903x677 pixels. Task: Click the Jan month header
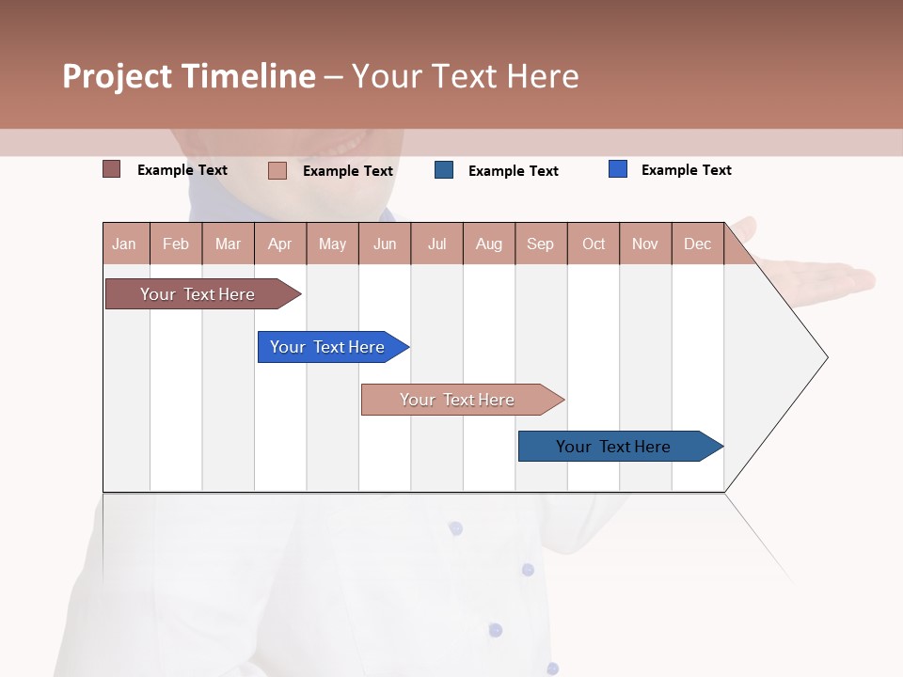tap(125, 244)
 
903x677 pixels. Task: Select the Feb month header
tap(176, 244)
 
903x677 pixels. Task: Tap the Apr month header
tap(279, 244)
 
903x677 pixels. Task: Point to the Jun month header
tap(385, 244)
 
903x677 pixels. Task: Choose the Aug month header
tap(488, 244)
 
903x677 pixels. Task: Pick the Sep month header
tap(540, 244)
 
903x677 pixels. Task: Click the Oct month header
tap(594, 244)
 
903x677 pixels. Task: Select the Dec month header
tap(697, 244)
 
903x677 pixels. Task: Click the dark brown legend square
tap(111, 169)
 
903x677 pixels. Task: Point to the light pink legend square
tap(277, 170)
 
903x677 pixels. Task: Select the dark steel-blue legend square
tap(444, 170)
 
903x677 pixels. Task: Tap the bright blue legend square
tap(617, 169)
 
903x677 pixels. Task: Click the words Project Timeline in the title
tap(188, 76)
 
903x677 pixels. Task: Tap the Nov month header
tap(645, 244)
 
